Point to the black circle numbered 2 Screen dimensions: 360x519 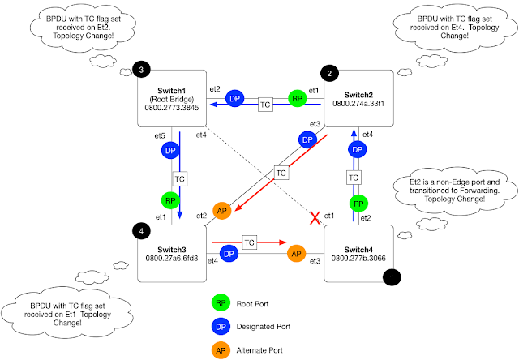329,74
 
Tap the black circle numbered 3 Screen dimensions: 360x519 141,71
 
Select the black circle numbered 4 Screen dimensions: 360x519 141,231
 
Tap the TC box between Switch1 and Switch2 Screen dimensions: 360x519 264,106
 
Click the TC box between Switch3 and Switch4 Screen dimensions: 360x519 250,242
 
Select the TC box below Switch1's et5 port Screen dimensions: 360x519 180,177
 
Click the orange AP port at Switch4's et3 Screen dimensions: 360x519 298,251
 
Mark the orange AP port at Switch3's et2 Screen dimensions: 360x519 222,211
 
